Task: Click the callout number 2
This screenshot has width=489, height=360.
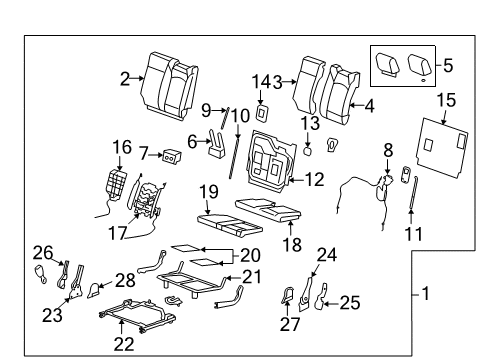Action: coord(125,78)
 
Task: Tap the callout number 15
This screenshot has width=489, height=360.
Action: coord(445,101)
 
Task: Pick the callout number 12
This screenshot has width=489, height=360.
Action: coord(315,180)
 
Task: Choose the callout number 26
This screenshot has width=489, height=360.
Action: coord(40,251)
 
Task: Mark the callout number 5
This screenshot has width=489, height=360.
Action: coord(447,66)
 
